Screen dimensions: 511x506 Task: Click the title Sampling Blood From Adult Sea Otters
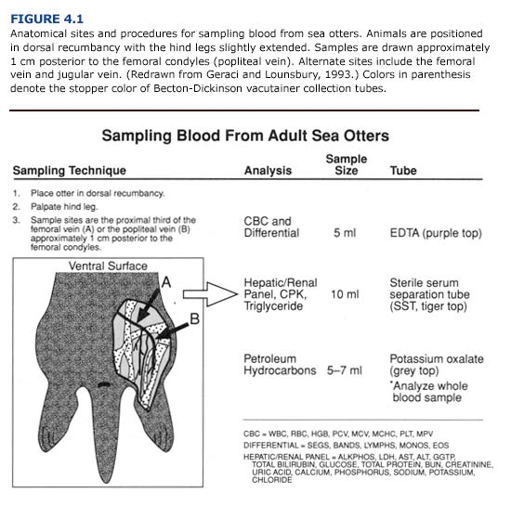coord(244,136)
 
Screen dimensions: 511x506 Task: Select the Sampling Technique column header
coord(70,171)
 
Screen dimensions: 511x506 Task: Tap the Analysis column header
coord(268,171)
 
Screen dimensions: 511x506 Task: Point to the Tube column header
coord(403,171)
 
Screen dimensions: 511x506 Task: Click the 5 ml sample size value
coord(347,233)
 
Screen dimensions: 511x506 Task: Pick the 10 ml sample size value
coord(345,294)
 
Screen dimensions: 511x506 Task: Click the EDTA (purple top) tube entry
coord(436,233)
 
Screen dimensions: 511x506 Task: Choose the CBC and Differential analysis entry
coord(271,227)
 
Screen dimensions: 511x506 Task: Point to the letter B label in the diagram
coord(194,318)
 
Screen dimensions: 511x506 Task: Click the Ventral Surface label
coord(108,266)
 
